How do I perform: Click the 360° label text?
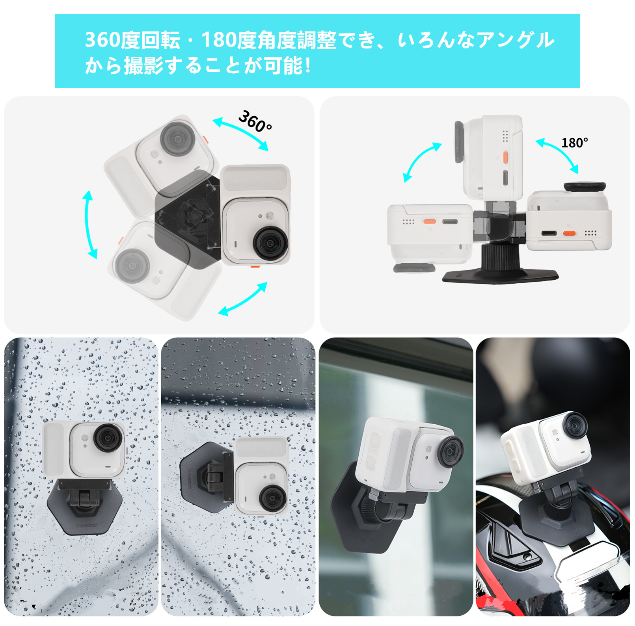[x=255, y=121]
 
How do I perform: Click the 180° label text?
[x=574, y=142]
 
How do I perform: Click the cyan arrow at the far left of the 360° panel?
[x=89, y=225]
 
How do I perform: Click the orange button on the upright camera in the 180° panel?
[x=505, y=156]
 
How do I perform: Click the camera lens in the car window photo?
[x=451, y=452]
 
